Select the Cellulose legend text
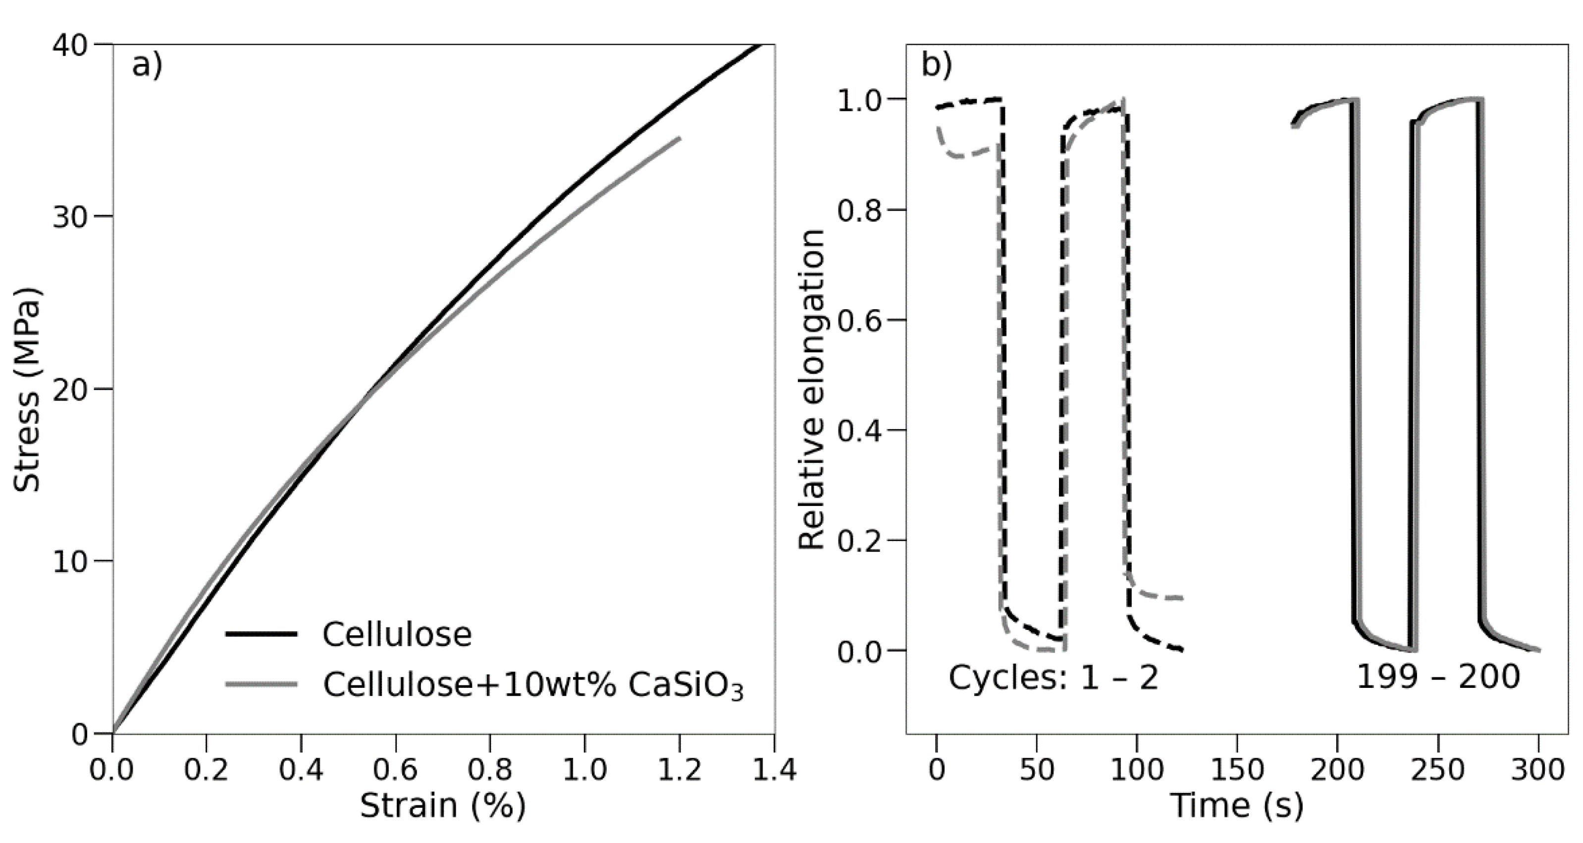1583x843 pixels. tap(397, 634)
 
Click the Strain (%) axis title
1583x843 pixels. tap(442, 805)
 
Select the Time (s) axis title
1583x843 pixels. tap(1236, 805)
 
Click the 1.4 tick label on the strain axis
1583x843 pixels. tap(774, 769)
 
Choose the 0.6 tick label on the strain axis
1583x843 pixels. tap(395, 769)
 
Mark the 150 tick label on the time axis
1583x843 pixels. tap(1236, 769)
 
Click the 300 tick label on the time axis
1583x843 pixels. tap(1537, 769)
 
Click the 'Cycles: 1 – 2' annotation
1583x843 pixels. tap(1053, 677)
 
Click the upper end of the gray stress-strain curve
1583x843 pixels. tap(679, 138)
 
